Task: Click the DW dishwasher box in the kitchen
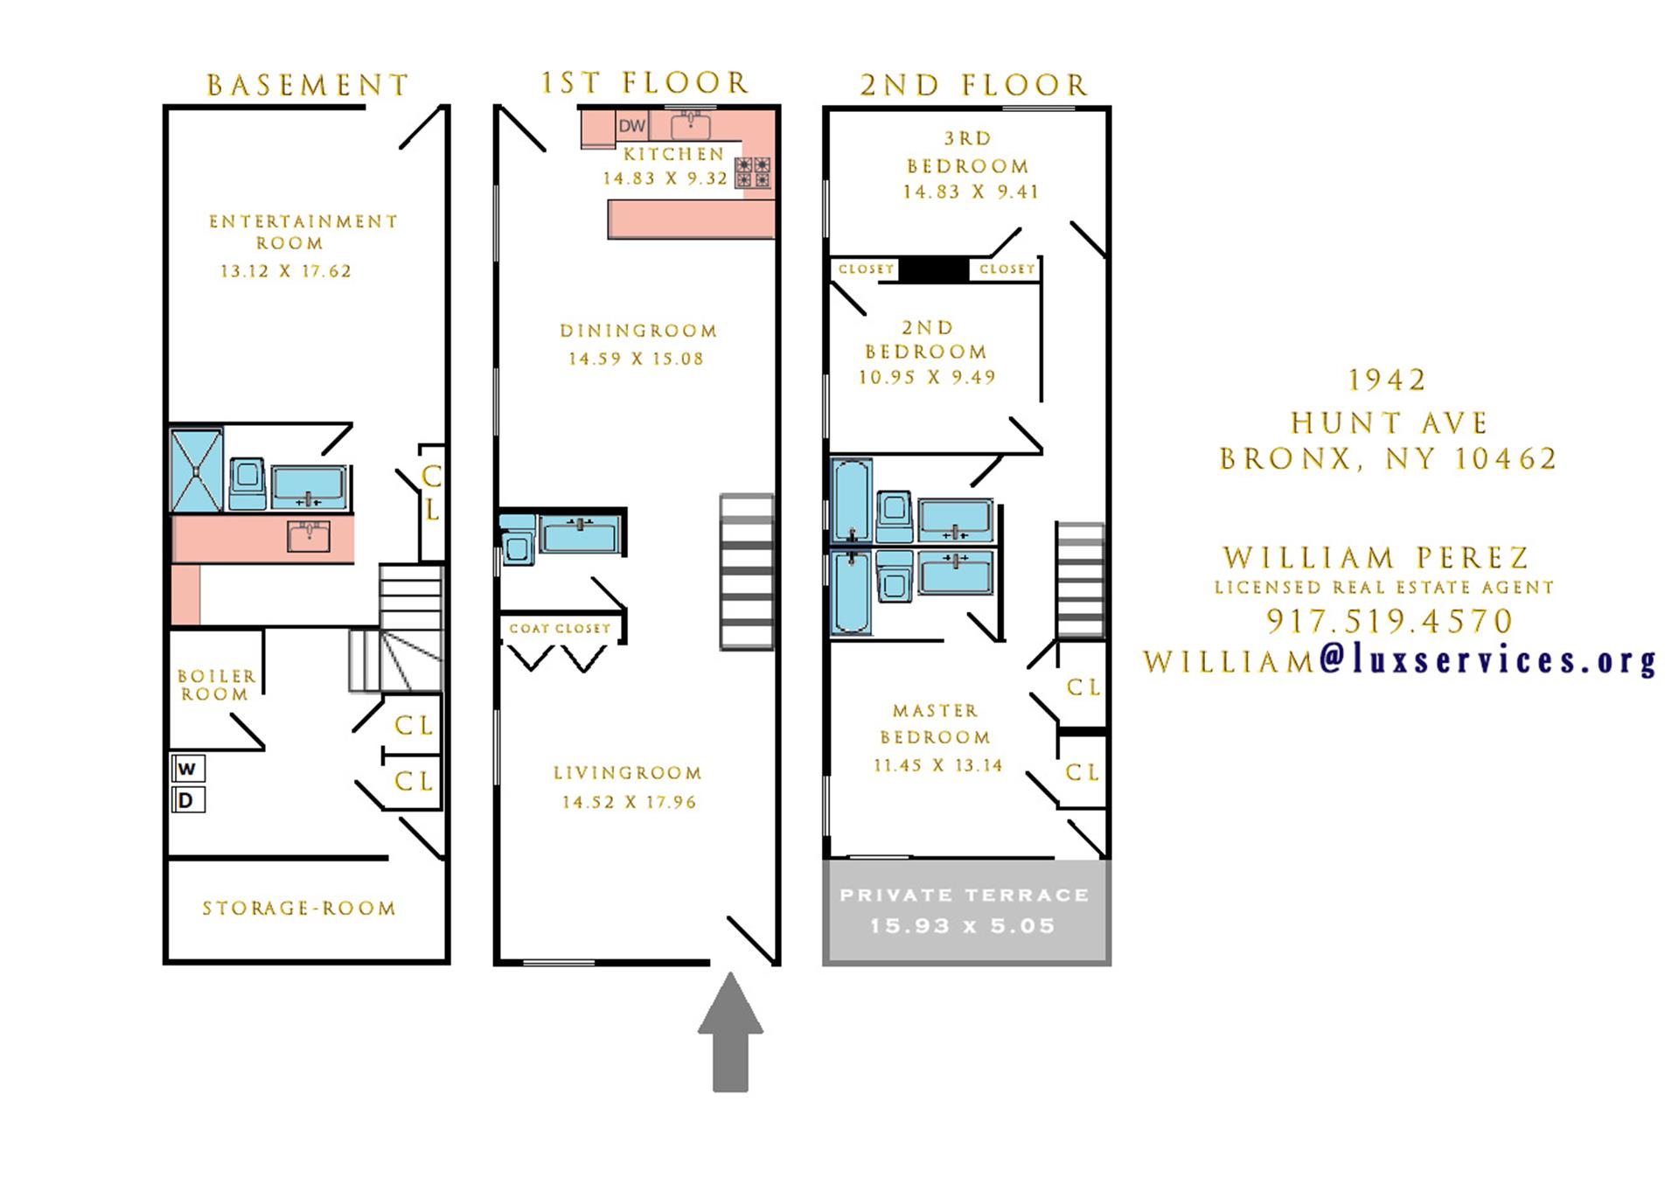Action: coord(631,126)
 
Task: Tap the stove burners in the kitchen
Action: coord(753,172)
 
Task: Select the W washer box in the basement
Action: coord(187,769)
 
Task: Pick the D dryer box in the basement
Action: coord(187,800)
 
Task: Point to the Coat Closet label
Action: coord(560,628)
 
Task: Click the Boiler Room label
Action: coord(216,685)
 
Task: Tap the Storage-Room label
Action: coord(299,909)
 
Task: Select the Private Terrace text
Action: coord(965,895)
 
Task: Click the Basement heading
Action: coord(308,85)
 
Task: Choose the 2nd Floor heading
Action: coord(973,85)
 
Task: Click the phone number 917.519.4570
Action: coord(1389,621)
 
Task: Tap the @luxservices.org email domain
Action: coord(1487,660)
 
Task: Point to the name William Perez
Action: coord(1376,557)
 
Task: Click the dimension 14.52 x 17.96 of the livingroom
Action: coord(629,802)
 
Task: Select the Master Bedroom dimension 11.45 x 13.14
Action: coord(937,765)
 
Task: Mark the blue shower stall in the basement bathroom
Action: coord(197,469)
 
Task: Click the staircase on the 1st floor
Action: coord(747,572)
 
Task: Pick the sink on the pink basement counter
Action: coord(309,537)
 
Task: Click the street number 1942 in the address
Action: coord(1387,380)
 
